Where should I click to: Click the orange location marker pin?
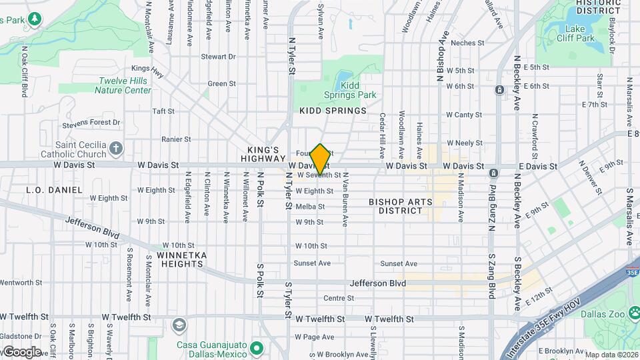pyautogui.click(x=320, y=159)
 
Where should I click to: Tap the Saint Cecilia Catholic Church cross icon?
pyautogui.click(x=116, y=147)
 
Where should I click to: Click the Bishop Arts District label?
pyautogui.click(x=401, y=206)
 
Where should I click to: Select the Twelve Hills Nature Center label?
pyautogui.click(x=125, y=85)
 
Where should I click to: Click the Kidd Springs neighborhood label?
pyautogui.click(x=333, y=111)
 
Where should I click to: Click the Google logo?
pyautogui.click(x=21, y=351)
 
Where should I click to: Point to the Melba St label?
pyautogui.click(x=310, y=207)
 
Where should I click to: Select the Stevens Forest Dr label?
pyautogui.click(x=91, y=123)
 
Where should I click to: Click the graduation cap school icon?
pyautogui.click(x=179, y=325)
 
